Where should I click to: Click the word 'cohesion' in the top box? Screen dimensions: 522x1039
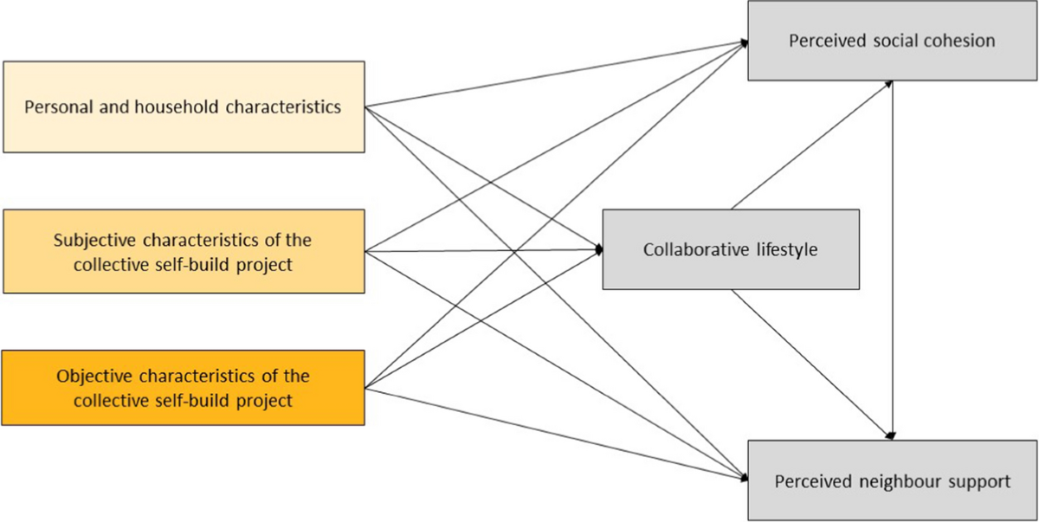click(x=961, y=41)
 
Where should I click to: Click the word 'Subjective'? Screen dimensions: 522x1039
click(x=91, y=239)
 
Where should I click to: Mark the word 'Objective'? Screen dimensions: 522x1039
click(x=91, y=377)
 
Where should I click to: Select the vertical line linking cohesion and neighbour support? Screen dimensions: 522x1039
click(x=893, y=260)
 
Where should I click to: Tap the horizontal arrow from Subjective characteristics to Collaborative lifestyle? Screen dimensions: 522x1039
click(x=485, y=251)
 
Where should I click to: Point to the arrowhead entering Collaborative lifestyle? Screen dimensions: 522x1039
click(x=597, y=250)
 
